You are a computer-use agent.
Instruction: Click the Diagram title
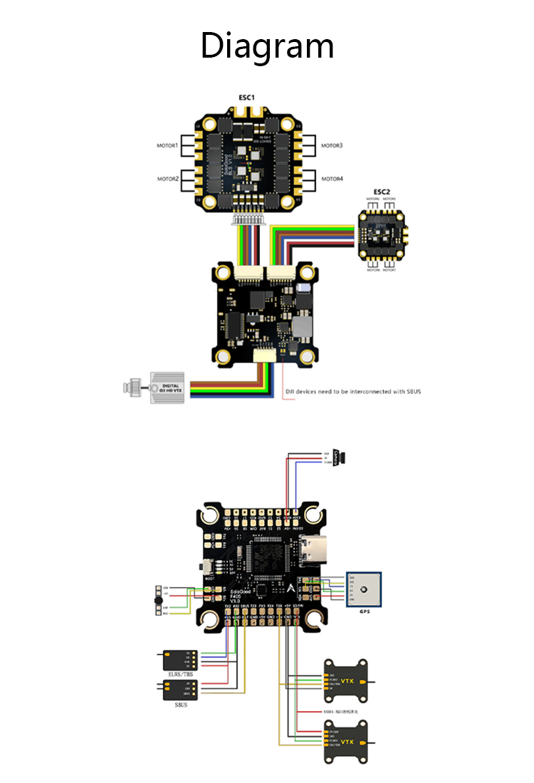(267, 46)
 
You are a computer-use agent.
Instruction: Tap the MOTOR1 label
(168, 145)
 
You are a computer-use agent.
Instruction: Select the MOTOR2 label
(168, 179)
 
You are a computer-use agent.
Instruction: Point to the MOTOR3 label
(331, 145)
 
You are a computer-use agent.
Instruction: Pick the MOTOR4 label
(331, 179)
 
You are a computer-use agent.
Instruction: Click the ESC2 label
(382, 192)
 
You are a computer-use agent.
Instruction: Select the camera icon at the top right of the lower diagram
(344, 456)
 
